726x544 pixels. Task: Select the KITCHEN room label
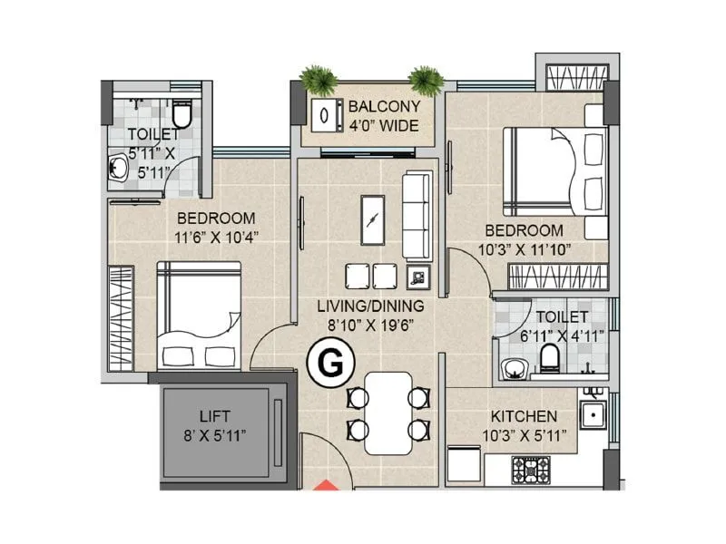[x=524, y=416]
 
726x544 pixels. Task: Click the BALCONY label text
[x=384, y=107]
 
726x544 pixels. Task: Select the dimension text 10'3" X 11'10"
[x=523, y=249]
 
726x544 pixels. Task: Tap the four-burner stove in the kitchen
[x=530, y=470]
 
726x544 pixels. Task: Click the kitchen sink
[x=595, y=416]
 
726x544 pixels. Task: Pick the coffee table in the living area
[x=372, y=219]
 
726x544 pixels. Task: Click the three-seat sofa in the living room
[x=417, y=215]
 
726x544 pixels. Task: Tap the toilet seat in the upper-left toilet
[x=182, y=115]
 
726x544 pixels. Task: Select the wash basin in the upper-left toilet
[x=118, y=170]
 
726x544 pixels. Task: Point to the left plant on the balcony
[x=319, y=81]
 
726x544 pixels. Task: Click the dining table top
[x=387, y=413]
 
